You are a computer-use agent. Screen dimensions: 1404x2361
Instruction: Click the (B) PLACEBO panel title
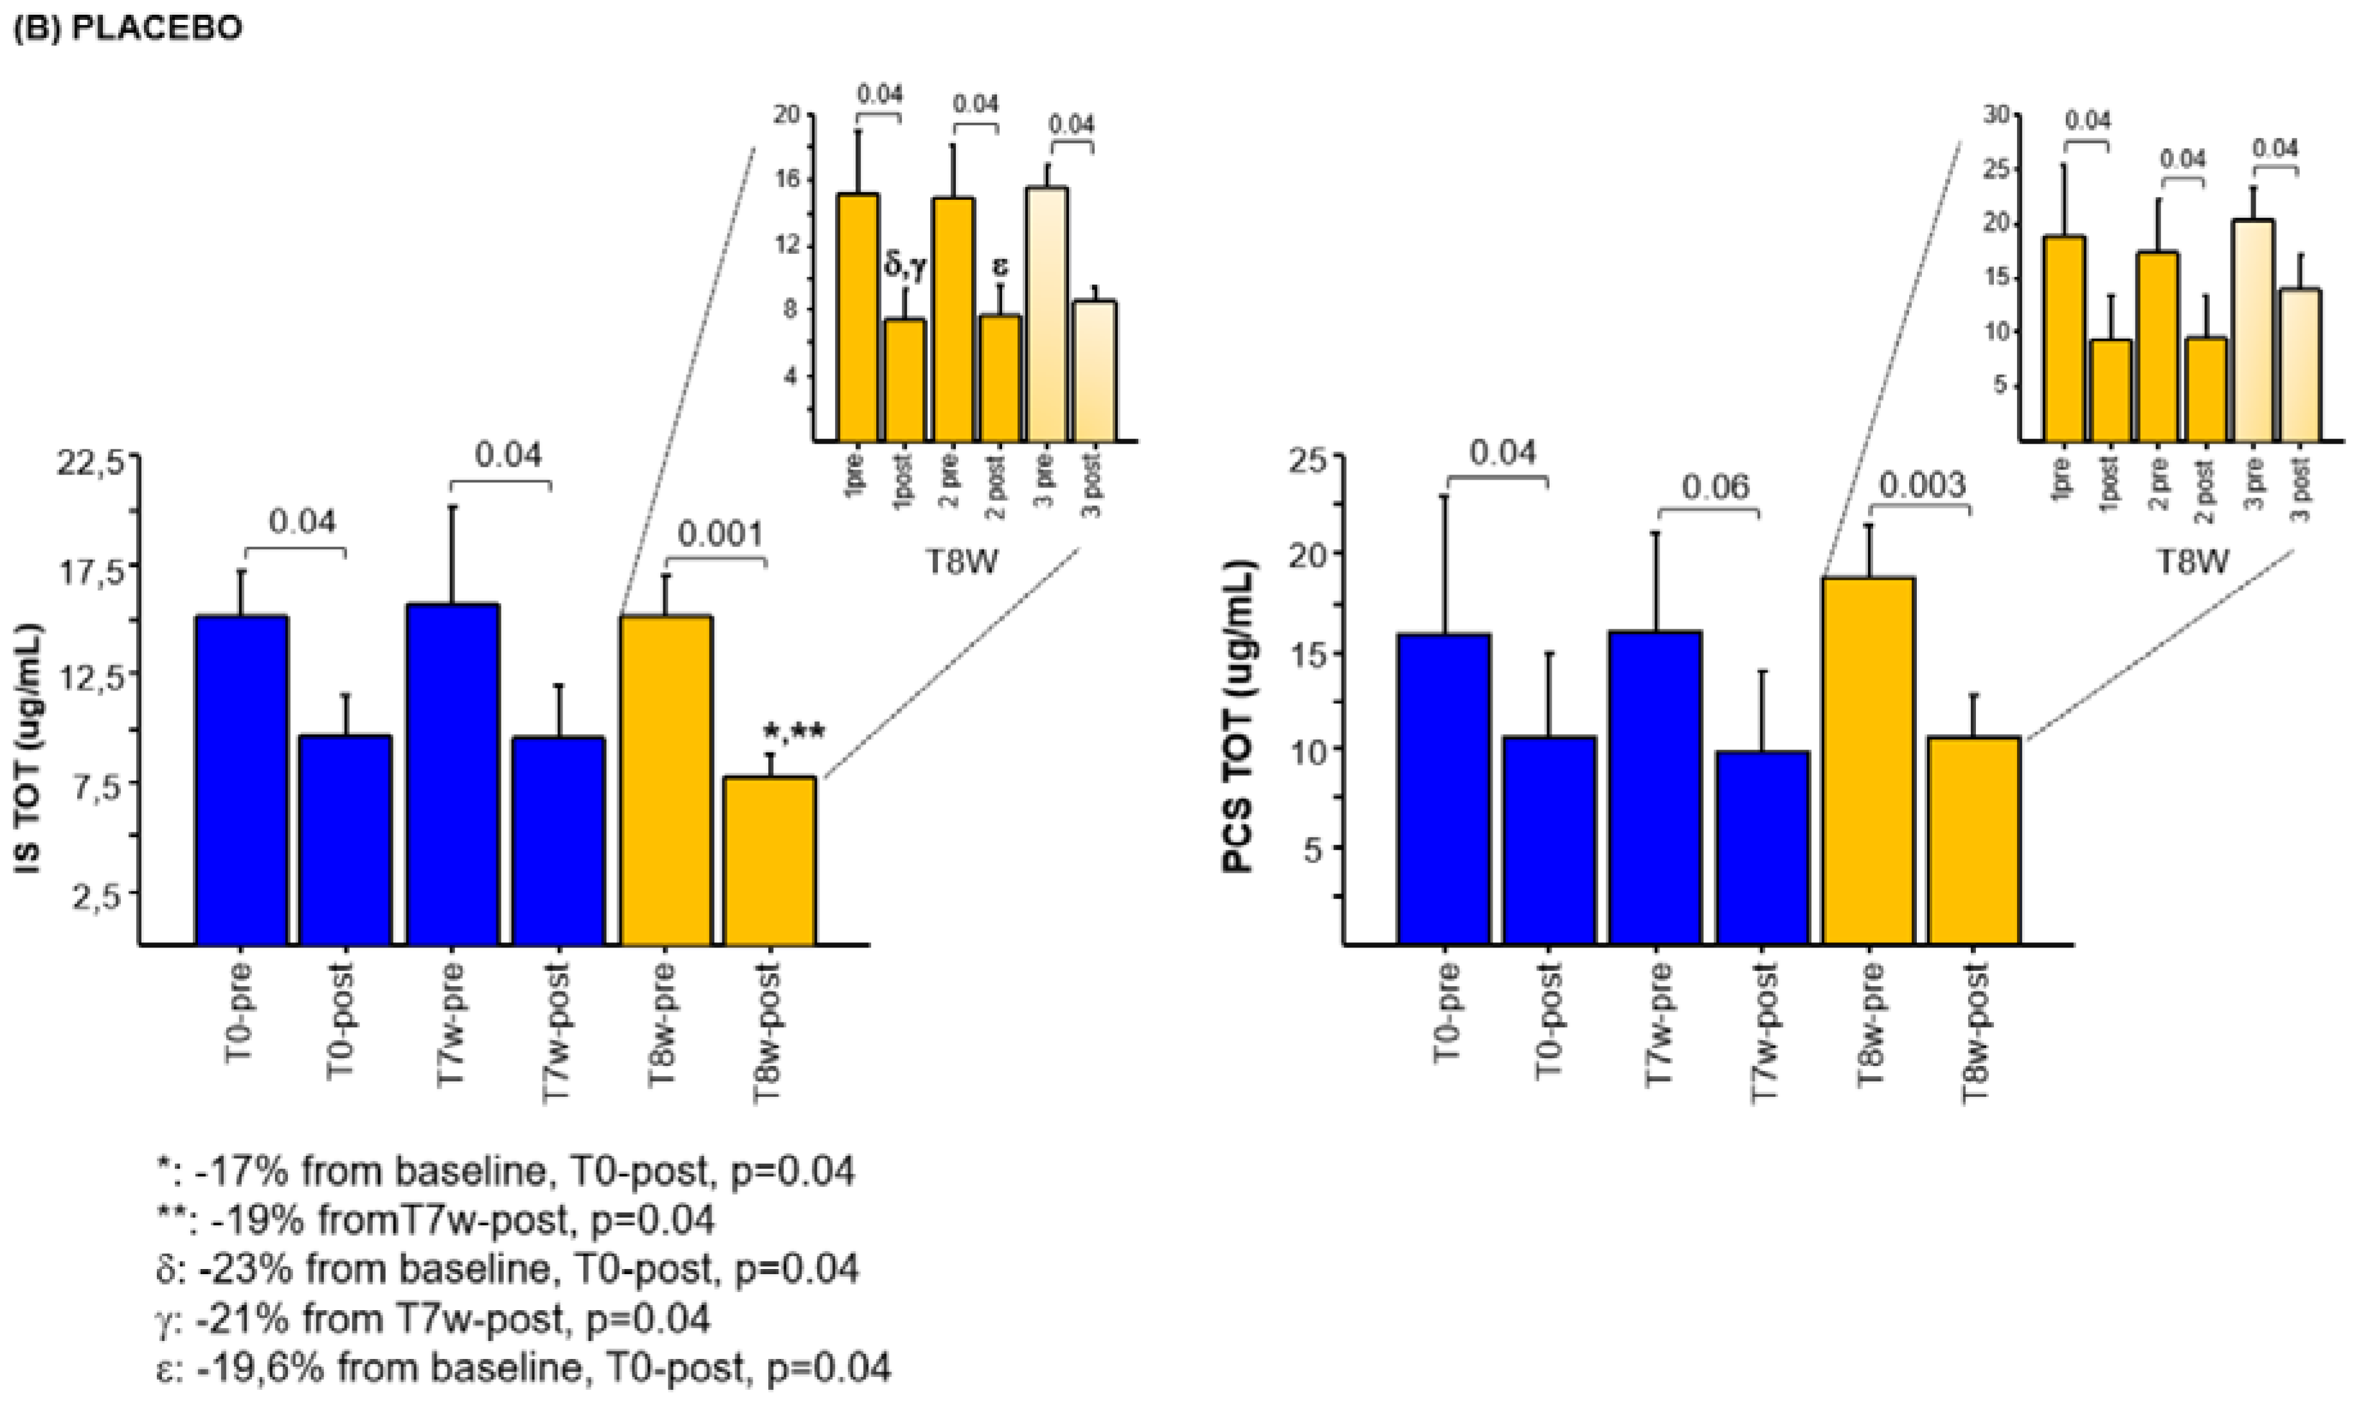tap(128, 28)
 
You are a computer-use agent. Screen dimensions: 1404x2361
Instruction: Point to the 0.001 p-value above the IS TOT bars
tap(721, 535)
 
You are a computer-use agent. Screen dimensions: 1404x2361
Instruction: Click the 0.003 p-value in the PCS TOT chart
tap(1922, 485)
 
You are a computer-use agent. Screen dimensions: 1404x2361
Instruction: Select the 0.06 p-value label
tap(1709, 487)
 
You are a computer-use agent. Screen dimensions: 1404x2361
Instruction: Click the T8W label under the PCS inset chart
tap(2193, 561)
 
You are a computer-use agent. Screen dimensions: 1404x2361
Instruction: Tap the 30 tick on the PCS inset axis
tap(1996, 114)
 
